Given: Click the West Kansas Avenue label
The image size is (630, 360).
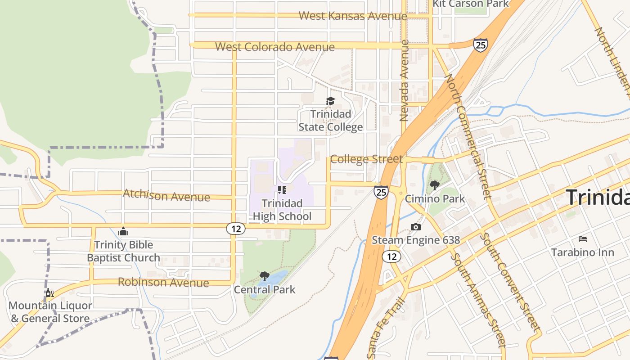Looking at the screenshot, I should click(x=352, y=16).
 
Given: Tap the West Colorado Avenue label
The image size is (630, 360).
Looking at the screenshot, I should click(x=274, y=47).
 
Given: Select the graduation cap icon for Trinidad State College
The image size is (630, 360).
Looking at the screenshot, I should click(x=331, y=101).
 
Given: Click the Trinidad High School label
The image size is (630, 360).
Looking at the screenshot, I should click(x=282, y=210).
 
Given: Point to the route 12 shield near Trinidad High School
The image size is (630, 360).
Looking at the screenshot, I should click(x=236, y=229).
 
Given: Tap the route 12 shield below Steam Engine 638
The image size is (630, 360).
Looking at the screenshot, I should click(x=391, y=256).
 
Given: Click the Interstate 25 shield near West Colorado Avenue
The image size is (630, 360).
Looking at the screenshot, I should click(x=480, y=45).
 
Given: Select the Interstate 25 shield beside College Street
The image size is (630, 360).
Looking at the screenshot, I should click(x=381, y=193).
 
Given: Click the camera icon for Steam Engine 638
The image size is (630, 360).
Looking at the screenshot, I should click(x=415, y=227).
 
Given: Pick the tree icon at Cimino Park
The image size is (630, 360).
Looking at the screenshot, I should click(x=434, y=185).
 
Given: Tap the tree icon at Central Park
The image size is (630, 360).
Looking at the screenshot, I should click(x=265, y=276).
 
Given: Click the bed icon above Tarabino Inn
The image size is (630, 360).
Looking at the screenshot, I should click(x=583, y=238).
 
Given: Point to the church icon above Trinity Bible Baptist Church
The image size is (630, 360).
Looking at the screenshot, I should click(x=123, y=232).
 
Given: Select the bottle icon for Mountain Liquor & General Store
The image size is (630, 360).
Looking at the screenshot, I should click(x=49, y=293).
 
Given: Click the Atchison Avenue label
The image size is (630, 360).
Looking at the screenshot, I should click(x=166, y=196).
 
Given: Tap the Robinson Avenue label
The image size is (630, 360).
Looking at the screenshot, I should click(x=163, y=283).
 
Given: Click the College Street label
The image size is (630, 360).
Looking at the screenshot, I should click(x=366, y=159).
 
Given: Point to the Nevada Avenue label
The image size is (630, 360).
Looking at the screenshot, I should click(x=404, y=81).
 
